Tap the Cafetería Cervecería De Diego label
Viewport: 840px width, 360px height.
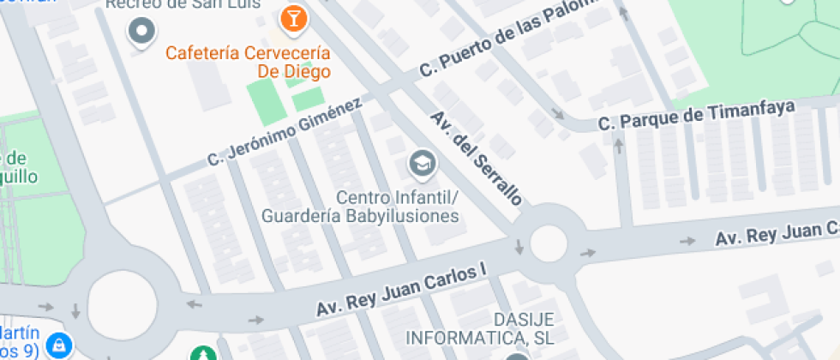tap(249, 63)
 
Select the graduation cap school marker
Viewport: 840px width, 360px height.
tap(421, 161)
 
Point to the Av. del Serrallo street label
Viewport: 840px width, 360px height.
tap(476, 158)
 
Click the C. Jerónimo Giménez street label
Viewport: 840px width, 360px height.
tap(285, 133)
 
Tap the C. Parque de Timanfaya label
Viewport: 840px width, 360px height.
tap(698, 116)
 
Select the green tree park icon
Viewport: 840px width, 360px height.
tap(203, 354)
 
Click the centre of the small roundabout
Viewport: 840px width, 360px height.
tap(549, 243)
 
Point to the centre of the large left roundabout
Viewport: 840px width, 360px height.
tap(123, 303)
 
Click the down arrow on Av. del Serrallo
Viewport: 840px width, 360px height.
tap(519, 248)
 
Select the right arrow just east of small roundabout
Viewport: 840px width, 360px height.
tap(588, 253)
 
